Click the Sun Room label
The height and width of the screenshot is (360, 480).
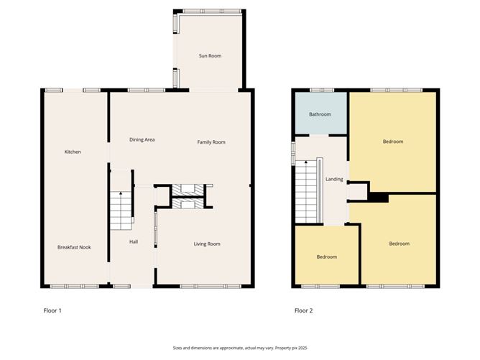point(210,55)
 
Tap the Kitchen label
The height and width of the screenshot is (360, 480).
point(73,152)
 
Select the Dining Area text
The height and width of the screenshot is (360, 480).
point(142,139)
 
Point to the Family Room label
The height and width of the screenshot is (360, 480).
point(211,142)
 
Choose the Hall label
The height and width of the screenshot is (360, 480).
point(134,241)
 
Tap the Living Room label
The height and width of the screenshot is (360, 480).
point(207,244)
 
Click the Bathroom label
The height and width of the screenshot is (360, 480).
point(320,114)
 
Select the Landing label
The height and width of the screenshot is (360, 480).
point(334,179)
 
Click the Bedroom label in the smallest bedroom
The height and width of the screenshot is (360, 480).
point(327,257)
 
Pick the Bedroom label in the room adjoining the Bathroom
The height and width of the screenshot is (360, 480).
point(393,142)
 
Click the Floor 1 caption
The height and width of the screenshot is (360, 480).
point(53,311)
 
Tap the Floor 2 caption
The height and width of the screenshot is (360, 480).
point(303,311)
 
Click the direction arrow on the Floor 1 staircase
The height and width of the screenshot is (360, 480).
point(120,194)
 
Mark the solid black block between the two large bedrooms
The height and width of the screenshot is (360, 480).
point(378,197)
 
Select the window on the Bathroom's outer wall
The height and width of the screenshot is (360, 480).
point(322,90)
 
